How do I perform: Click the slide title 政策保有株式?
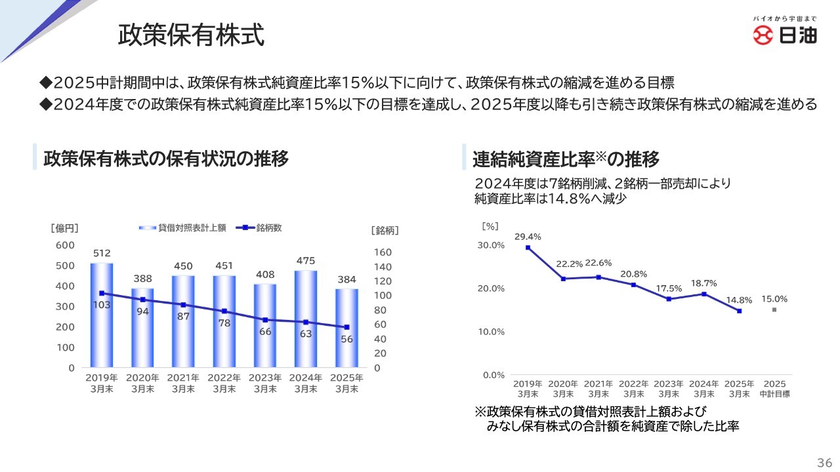coord(191,35)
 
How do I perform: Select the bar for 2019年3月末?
coord(102,315)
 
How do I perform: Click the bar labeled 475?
coord(306,319)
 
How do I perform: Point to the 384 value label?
coord(346,279)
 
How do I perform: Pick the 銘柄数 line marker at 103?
coord(102,293)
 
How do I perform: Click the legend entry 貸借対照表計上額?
coord(184,228)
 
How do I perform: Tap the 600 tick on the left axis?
coord(66,245)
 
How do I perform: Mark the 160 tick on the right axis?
coord(382,252)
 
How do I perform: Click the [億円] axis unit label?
coord(64,229)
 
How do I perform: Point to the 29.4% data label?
coord(528,237)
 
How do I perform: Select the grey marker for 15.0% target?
coord(774,310)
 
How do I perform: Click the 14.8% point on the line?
coord(739,311)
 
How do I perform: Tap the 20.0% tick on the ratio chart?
coord(492,288)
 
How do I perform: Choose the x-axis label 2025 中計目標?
coord(774,389)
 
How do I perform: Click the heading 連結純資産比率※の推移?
coord(566,159)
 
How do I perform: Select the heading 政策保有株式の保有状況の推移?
coord(166,159)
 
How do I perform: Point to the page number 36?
coord(824,461)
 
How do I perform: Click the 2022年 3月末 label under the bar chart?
coord(224,383)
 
